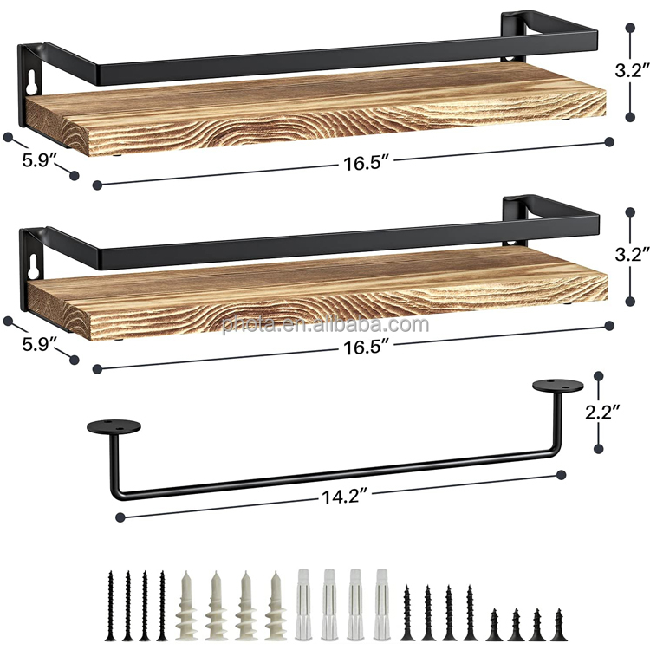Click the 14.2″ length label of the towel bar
345,497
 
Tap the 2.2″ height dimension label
603,412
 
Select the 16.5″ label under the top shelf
367,163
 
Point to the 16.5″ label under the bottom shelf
367,347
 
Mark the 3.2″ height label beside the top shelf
632,70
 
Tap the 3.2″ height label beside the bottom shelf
632,254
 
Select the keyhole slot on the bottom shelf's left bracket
34,266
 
